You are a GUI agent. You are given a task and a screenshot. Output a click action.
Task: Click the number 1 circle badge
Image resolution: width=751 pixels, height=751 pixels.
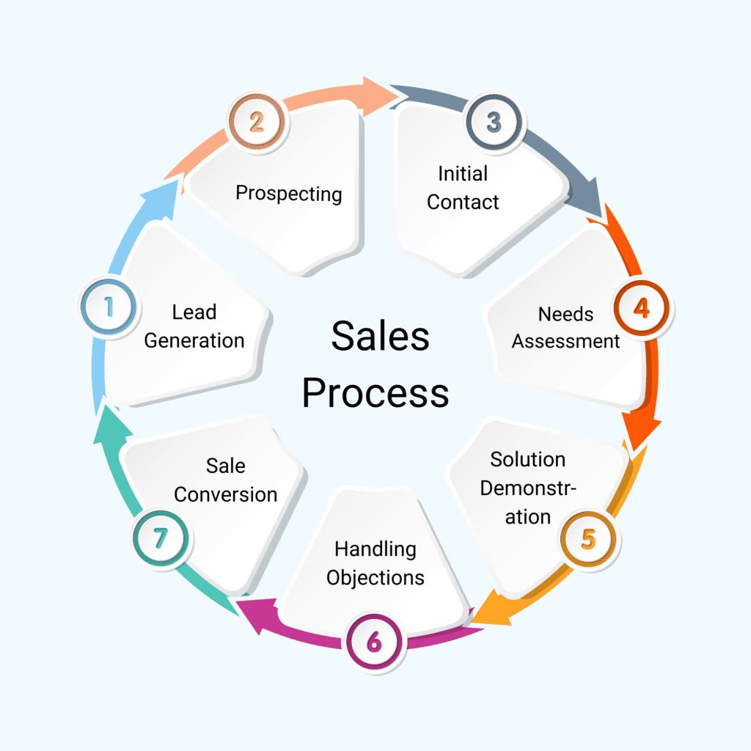[109, 307]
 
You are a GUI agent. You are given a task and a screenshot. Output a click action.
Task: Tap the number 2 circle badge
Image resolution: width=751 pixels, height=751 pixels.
[256, 121]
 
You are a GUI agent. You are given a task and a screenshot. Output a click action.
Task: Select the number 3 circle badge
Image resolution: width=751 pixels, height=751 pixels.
[493, 121]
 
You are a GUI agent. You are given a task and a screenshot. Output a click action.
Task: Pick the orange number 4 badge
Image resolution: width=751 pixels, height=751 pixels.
[641, 308]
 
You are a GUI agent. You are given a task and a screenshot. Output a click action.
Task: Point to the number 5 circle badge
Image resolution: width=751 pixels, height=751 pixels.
[588, 539]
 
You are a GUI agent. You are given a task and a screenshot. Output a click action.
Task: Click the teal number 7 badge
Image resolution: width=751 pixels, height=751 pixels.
[161, 539]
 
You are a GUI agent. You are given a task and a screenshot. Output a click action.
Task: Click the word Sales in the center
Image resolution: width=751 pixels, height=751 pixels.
[380, 337]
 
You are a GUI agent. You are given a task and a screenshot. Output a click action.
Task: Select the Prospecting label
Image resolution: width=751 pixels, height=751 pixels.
[288, 194]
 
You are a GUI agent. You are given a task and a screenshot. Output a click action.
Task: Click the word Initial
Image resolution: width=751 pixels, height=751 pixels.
[463, 174]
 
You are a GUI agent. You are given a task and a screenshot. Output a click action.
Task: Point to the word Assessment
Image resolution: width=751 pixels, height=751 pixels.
[565, 341]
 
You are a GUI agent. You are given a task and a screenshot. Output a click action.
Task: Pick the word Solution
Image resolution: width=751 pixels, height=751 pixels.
[527, 460]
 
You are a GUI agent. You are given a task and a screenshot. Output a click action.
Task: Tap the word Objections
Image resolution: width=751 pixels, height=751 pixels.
[375, 577]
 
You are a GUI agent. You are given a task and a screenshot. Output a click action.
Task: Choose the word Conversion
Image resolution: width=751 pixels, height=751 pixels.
[225, 494]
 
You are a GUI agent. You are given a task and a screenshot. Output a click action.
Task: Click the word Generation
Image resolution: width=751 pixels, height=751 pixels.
[194, 340]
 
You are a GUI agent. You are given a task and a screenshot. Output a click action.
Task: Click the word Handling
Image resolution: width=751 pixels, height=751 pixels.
[375, 549]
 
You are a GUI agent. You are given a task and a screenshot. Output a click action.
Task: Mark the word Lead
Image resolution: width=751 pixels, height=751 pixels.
[194, 312]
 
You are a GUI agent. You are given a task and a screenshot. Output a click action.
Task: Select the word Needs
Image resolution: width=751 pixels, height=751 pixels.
[565, 314]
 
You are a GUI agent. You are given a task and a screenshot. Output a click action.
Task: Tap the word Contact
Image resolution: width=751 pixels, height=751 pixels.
[463, 202]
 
